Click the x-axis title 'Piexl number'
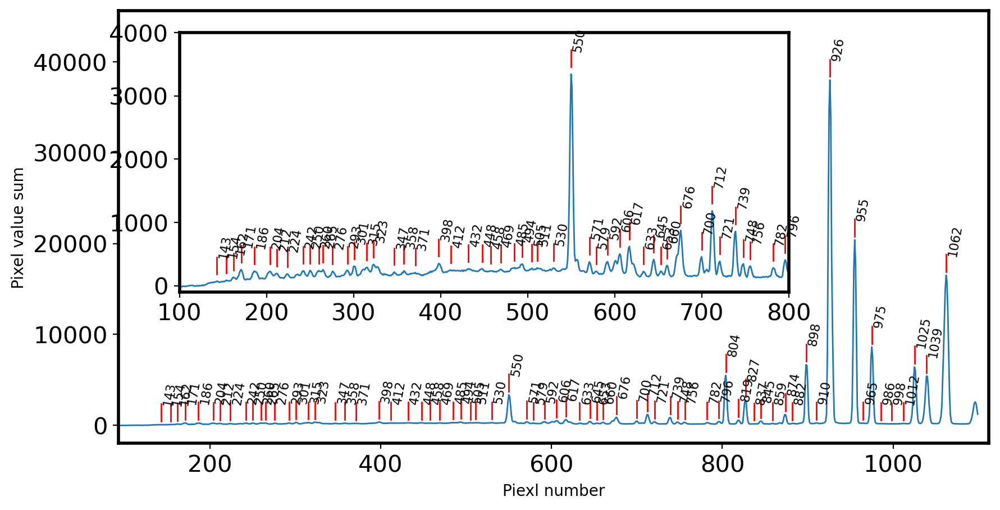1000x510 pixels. click(x=553, y=491)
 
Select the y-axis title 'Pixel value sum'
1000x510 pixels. click(x=18, y=228)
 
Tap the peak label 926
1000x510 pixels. click(x=837, y=51)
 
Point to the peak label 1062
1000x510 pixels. click(x=955, y=243)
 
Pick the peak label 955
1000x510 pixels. click(x=862, y=211)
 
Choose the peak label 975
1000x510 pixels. click(x=879, y=317)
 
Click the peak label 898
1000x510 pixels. click(x=814, y=335)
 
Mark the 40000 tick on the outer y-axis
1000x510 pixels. click(x=70, y=62)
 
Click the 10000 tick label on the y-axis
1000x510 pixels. click(x=70, y=335)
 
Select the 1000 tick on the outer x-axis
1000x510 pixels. click(x=892, y=464)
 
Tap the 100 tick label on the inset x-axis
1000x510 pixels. click(x=179, y=313)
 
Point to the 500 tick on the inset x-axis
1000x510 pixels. click(x=527, y=313)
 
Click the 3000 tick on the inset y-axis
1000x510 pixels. click(x=138, y=97)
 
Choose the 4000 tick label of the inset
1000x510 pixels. click(x=138, y=34)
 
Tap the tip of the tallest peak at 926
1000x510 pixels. click(x=829, y=80)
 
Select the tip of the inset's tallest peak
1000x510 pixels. click(x=571, y=74)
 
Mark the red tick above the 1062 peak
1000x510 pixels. click(x=946, y=263)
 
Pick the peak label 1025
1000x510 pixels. click(x=923, y=334)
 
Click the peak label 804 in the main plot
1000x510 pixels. click(x=733, y=346)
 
